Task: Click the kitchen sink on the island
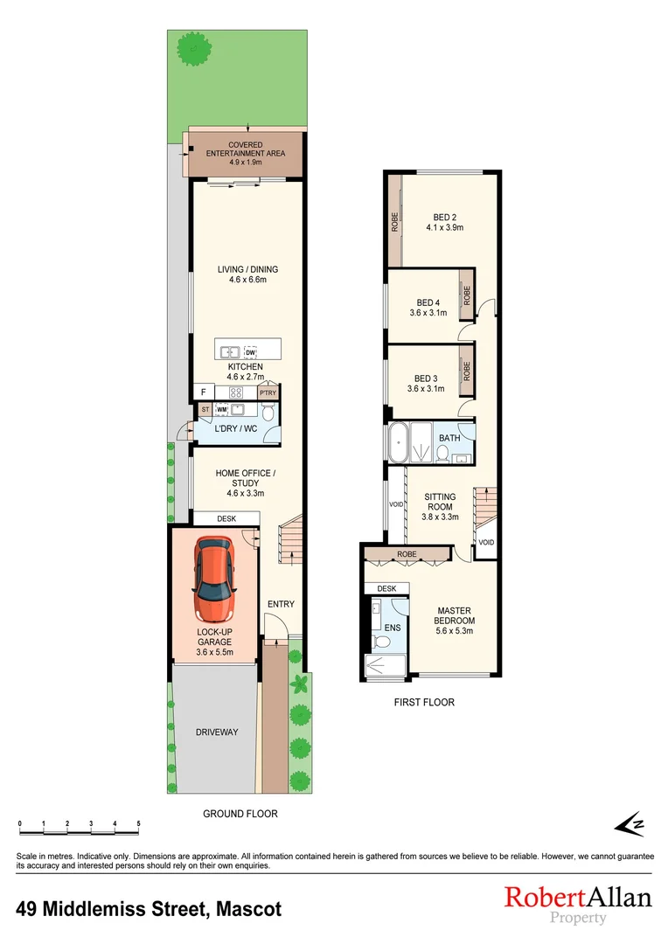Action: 230,352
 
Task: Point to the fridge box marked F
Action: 202,392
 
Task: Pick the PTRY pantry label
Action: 267,393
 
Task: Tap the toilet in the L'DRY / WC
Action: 268,412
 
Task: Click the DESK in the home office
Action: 226,518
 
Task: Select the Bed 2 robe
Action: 394,219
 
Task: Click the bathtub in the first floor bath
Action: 400,442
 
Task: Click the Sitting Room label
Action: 440,503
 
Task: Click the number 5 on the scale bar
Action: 138,824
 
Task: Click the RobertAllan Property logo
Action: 577,904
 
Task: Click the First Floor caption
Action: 424,702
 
